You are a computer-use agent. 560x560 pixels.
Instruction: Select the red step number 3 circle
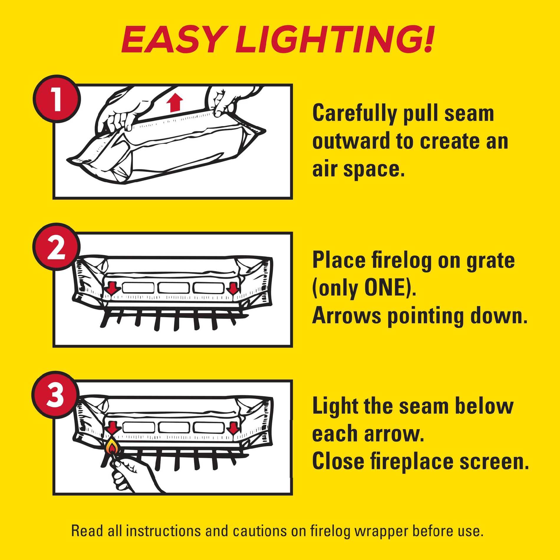coord(55,395)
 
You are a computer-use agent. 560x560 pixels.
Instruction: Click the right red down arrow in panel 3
coord(233,428)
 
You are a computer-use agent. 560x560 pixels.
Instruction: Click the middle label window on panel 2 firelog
coord(173,287)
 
